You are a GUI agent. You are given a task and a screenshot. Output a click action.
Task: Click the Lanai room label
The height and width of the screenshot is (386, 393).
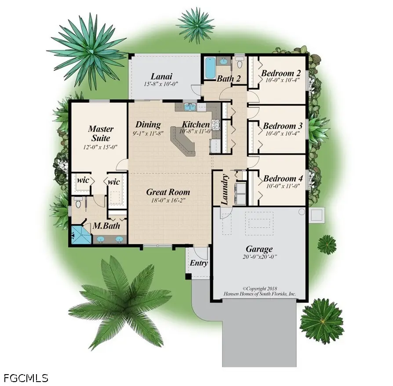pos(161,76)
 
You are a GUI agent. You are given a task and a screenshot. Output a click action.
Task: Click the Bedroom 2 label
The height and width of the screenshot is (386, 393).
pos(280,73)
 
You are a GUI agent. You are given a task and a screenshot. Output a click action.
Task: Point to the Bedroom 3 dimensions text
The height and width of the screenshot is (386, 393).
pos(281,134)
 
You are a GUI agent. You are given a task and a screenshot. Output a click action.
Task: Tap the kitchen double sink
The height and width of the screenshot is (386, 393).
pos(190,107)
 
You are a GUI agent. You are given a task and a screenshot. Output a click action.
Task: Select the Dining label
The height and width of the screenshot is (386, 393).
pos(148,125)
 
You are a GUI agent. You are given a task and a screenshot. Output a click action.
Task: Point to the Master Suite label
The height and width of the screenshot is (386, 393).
pos(101,133)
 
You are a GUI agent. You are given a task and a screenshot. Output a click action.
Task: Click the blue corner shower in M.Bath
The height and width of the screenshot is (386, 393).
pos(80,235)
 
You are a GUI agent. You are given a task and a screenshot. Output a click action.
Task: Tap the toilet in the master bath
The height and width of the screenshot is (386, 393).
pos(78,203)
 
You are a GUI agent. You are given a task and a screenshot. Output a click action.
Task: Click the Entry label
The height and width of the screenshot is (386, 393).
pos(199,263)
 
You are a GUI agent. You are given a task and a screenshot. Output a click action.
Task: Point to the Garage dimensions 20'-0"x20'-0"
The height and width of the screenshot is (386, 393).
pos(259,257)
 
